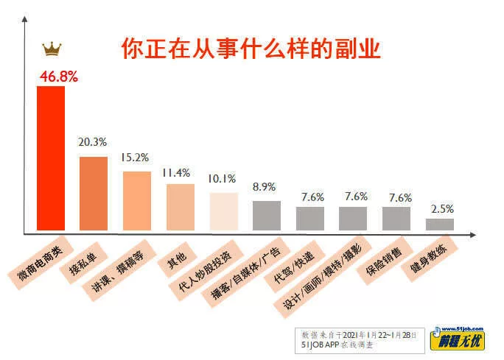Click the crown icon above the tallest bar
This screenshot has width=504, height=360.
tap(52, 49)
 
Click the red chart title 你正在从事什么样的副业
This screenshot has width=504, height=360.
tap(251, 49)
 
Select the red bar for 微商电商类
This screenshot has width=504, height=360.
tap(51, 159)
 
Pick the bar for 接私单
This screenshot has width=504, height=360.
tap(94, 194)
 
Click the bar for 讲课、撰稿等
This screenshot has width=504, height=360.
tap(136, 202)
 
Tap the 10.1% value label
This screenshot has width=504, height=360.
tap(222, 178)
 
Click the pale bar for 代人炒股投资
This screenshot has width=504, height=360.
tap(223, 211)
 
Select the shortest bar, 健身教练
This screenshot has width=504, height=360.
tap(440, 225)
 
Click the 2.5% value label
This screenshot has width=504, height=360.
tap(442, 208)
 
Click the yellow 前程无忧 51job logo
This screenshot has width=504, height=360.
tap(463, 337)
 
